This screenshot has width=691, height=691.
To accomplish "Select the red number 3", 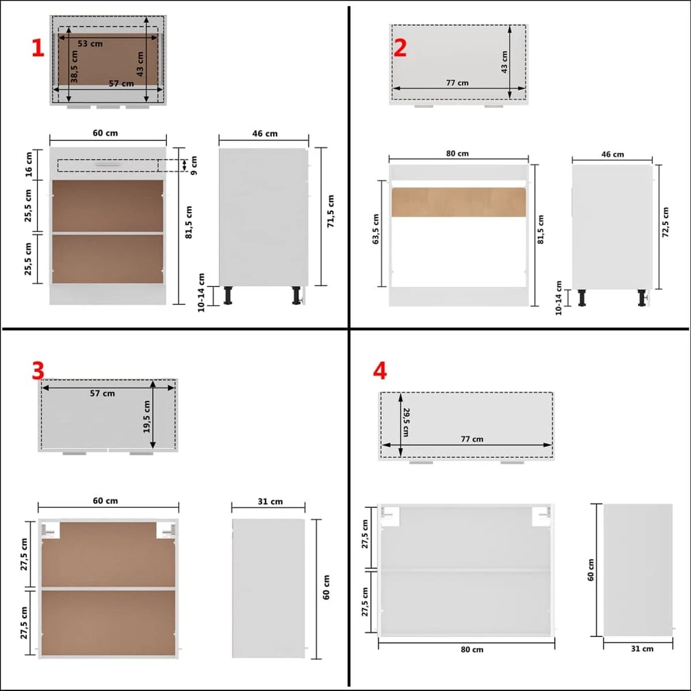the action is click(x=38, y=371).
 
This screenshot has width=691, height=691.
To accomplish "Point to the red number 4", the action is click(x=379, y=371).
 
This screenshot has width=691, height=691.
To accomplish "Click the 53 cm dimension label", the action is click(x=90, y=44).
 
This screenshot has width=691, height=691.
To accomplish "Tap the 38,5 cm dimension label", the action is click(x=74, y=66).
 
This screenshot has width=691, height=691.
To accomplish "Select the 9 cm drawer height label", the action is click(x=193, y=165).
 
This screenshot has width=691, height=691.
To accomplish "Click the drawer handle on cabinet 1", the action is click(x=107, y=164).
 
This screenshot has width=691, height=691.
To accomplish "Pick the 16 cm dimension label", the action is click(x=29, y=164).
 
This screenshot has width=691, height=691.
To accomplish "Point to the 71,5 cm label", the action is click(x=331, y=211).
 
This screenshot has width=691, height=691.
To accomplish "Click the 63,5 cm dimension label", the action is click(x=376, y=229).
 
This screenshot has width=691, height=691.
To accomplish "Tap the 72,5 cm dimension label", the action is click(x=666, y=222).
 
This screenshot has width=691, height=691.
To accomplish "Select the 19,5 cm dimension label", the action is click(x=147, y=417).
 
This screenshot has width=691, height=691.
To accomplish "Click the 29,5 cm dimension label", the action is click(x=406, y=422).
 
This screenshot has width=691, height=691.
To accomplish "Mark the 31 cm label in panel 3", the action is click(x=270, y=502).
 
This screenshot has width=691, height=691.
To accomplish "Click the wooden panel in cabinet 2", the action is click(x=458, y=202).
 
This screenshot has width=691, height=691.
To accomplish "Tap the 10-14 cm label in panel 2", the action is click(x=559, y=298).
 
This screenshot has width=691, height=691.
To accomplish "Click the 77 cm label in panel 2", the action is click(x=457, y=83).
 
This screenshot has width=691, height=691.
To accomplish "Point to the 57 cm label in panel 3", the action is click(x=102, y=393).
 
